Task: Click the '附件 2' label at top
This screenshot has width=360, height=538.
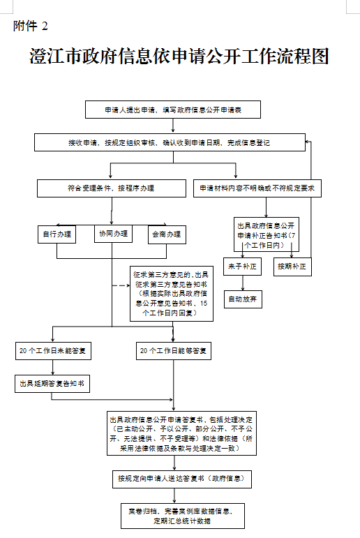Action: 31,27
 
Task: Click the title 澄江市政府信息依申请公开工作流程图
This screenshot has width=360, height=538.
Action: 179,57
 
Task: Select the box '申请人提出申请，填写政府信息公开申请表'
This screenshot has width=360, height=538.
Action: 172,110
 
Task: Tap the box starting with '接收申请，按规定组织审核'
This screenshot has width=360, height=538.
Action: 169,143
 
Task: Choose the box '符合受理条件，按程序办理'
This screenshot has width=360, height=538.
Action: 112,188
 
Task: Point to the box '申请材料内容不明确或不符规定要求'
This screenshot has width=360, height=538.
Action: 257,188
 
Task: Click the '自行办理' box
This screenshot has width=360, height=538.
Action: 57,234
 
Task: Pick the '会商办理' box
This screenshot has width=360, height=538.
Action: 167,234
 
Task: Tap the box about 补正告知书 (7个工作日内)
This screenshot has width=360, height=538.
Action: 266,234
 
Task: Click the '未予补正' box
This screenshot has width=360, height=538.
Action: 242,267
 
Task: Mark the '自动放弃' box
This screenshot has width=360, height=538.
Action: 242,299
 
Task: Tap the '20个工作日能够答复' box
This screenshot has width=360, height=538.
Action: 173,350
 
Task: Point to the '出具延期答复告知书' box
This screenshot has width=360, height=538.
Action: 53,383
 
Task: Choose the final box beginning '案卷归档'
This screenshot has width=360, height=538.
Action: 179,516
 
